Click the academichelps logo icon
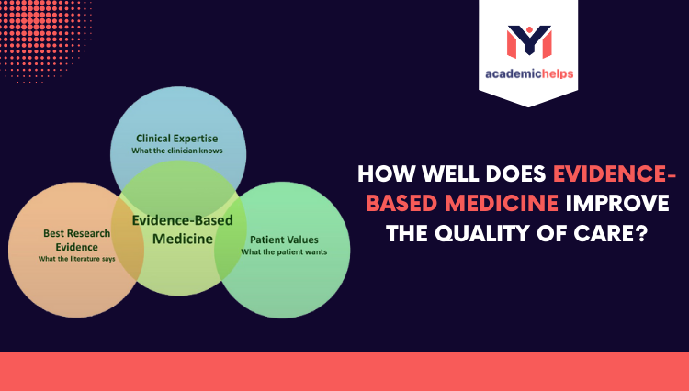(528, 40)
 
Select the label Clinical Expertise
(178, 138)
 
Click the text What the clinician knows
(178, 150)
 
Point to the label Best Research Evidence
(76, 240)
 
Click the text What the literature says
(76, 258)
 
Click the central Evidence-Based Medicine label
(182, 229)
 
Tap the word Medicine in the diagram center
(182, 239)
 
